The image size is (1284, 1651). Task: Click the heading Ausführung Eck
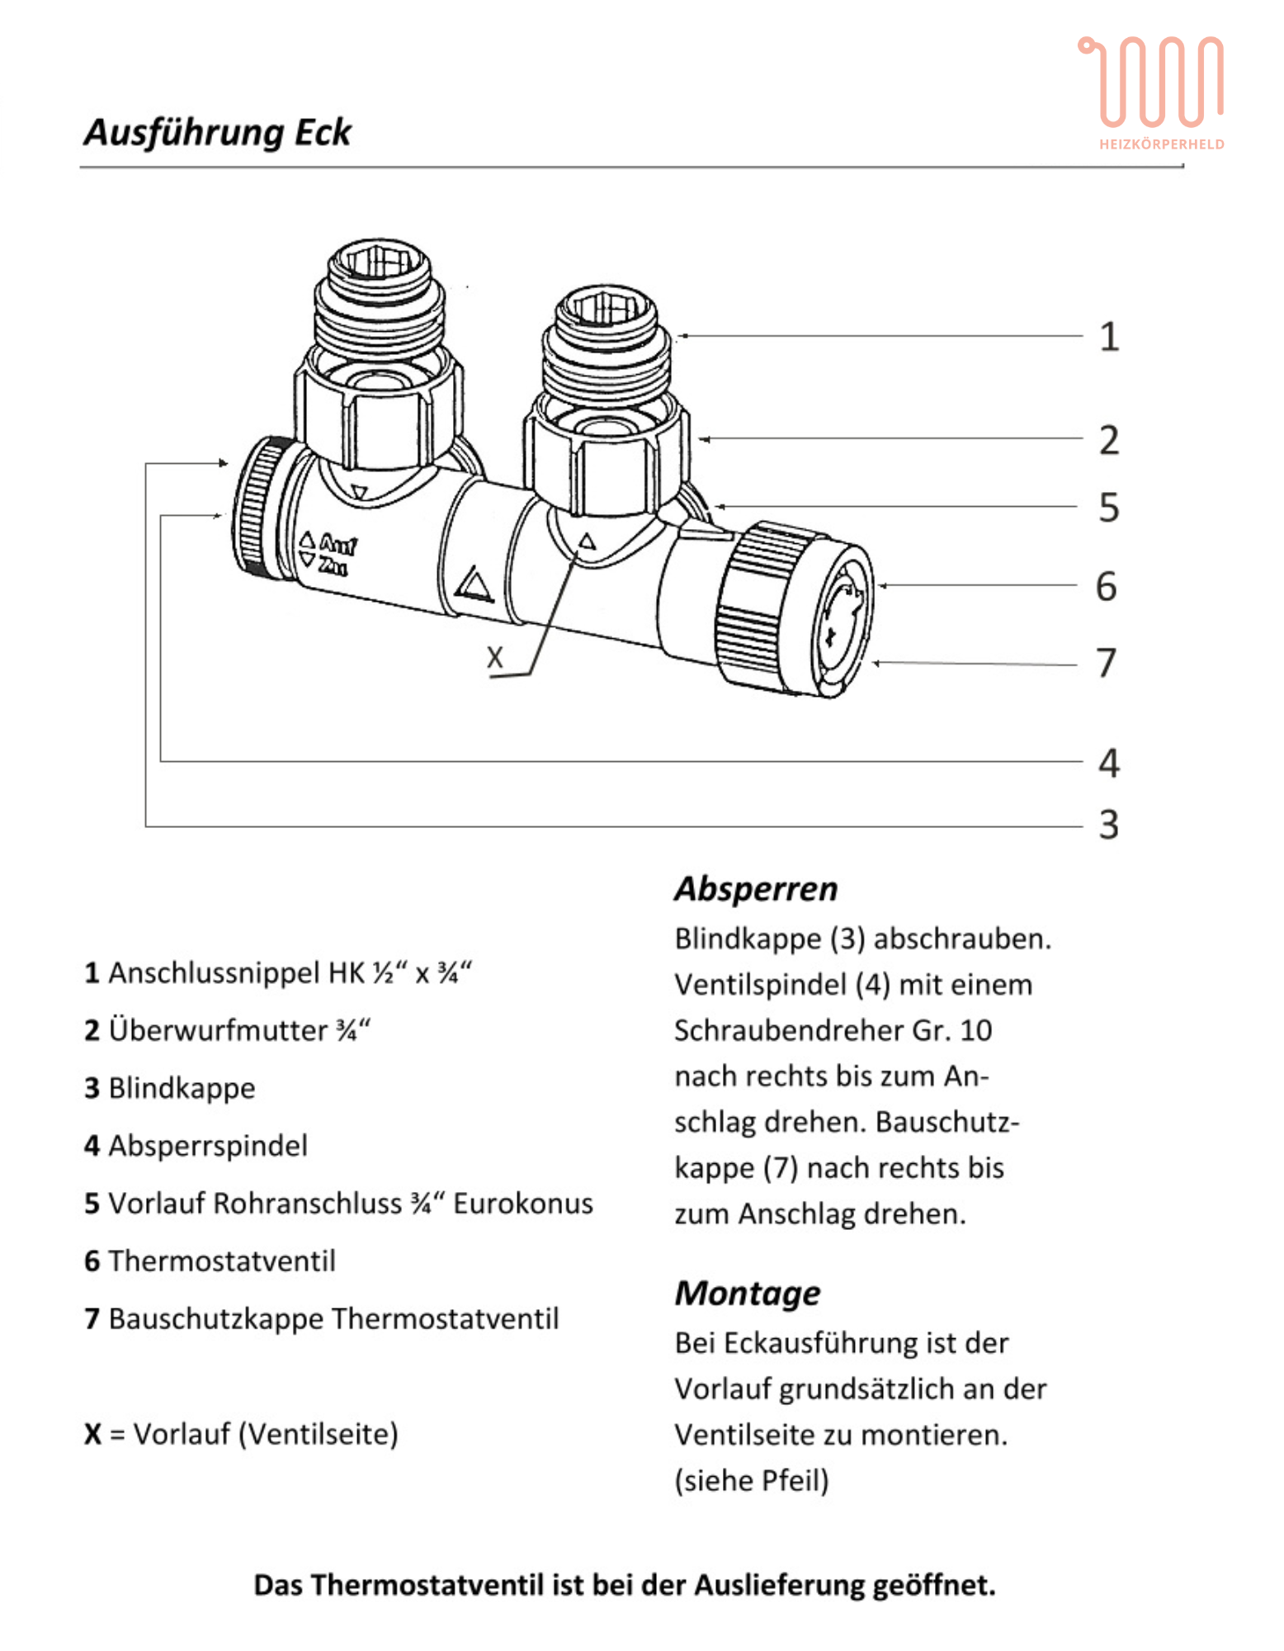[x=218, y=133]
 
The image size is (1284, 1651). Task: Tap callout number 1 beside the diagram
[x=1109, y=337]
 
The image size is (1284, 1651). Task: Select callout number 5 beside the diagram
[x=1109, y=508]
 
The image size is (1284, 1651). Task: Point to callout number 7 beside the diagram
[x=1107, y=663]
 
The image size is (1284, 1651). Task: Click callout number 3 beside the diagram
[x=1109, y=825]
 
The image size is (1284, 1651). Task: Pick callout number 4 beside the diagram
[x=1109, y=763]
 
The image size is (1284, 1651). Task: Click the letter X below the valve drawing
[x=495, y=658]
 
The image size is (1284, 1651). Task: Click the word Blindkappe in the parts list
[x=182, y=1089]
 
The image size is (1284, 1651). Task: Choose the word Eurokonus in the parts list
[x=523, y=1204]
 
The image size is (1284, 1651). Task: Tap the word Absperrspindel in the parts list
[x=208, y=1146]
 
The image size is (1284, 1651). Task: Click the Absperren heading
[x=756, y=890]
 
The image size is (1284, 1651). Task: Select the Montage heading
[x=748, y=1294]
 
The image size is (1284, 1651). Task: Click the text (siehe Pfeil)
[x=752, y=1481]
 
